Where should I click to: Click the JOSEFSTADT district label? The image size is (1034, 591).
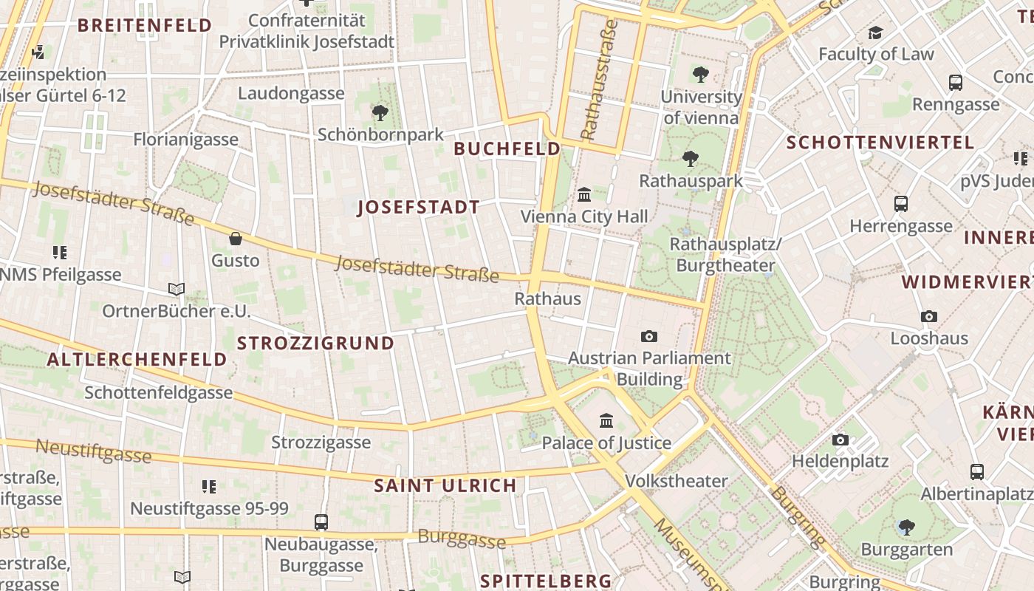(419, 207)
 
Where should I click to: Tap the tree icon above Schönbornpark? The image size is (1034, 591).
(380, 113)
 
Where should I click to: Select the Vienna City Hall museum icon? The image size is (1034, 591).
(584, 195)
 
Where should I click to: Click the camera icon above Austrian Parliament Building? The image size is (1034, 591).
(649, 337)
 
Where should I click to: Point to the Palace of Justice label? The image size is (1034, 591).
(606, 443)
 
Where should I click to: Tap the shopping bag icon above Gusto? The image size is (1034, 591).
(236, 239)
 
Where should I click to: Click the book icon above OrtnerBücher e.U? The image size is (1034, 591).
(176, 289)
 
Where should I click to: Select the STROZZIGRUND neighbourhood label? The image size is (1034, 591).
(315, 343)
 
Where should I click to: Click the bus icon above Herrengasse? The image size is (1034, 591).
(900, 204)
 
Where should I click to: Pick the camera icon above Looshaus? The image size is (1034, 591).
(929, 317)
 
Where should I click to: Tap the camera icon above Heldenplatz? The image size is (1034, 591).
(840, 440)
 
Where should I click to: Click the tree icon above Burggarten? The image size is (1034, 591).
(906, 527)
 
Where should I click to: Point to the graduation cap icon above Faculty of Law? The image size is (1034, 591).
(875, 33)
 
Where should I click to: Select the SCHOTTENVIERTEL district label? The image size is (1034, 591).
(880, 142)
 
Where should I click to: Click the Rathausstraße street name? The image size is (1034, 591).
(599, 80)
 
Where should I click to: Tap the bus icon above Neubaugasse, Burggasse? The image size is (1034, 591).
(321, 522)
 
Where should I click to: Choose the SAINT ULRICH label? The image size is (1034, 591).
(445, 485)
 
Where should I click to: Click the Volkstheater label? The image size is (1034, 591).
(677, 481)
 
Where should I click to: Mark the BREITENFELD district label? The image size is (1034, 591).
(145, 25)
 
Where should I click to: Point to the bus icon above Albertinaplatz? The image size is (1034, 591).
(977, 471)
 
